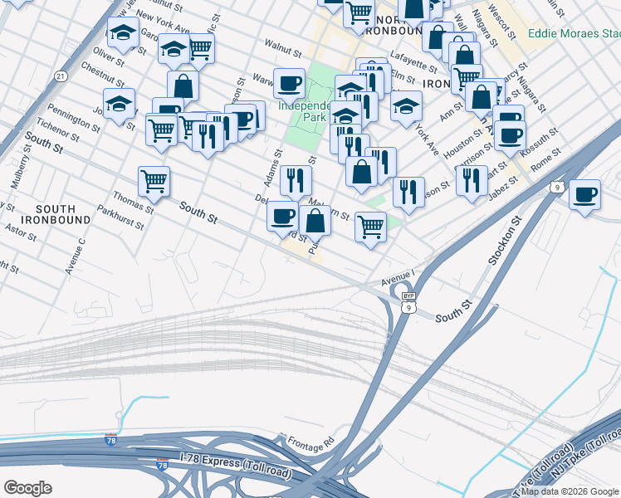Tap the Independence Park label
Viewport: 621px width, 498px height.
click(x=306, y=112)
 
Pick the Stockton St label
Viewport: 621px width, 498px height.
click(x=501, y=241)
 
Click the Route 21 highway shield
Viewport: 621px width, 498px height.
click(x=61, y=76)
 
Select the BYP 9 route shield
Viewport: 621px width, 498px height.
click(x=408, y=302)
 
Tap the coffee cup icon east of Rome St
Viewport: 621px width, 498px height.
click(x=585, y=195)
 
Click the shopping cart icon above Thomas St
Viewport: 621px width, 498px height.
click(x=154, y=181)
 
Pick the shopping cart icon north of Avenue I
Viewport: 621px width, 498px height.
click(x=369, y=226)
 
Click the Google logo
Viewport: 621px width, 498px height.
click(x=27, y=488)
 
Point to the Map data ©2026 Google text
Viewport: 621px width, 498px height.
click(x=570, y=491)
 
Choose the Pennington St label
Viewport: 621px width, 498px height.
click(x=74, y=120)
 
